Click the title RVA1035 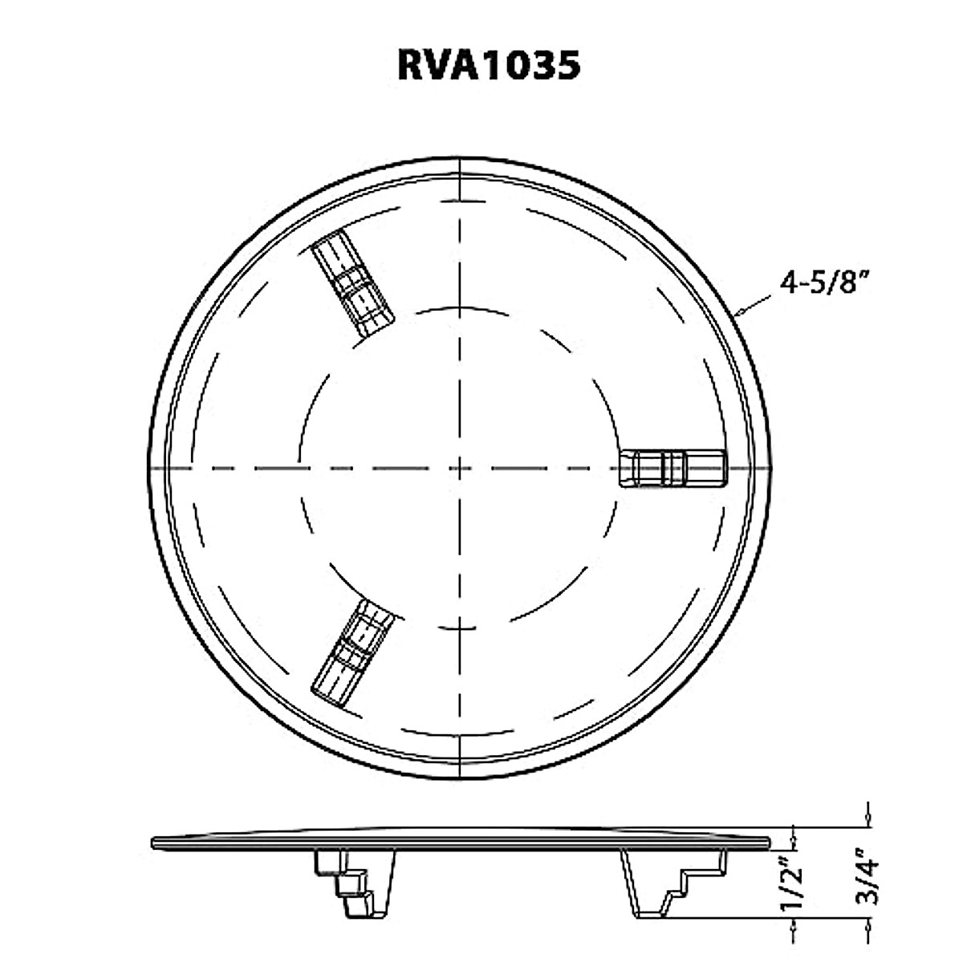tap(488, 66)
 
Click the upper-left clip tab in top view tap(351, 285)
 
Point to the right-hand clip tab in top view tap(673, 468)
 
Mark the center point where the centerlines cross tap(459, 468)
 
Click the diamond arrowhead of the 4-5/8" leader tap(740, 311)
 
